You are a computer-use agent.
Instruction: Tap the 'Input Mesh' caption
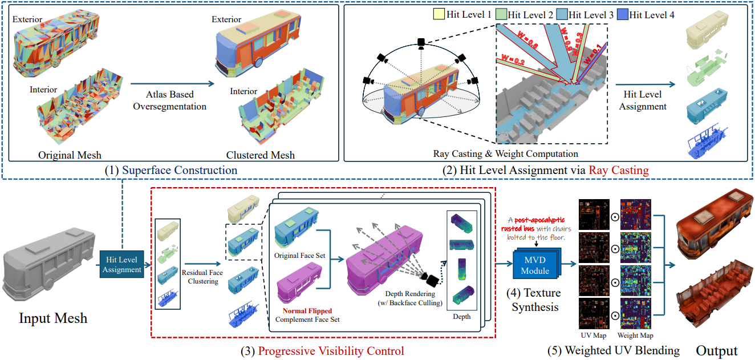coord(54,317)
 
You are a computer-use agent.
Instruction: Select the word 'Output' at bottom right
coord(717,350)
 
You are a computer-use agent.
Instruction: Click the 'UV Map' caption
coord(594,335)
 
